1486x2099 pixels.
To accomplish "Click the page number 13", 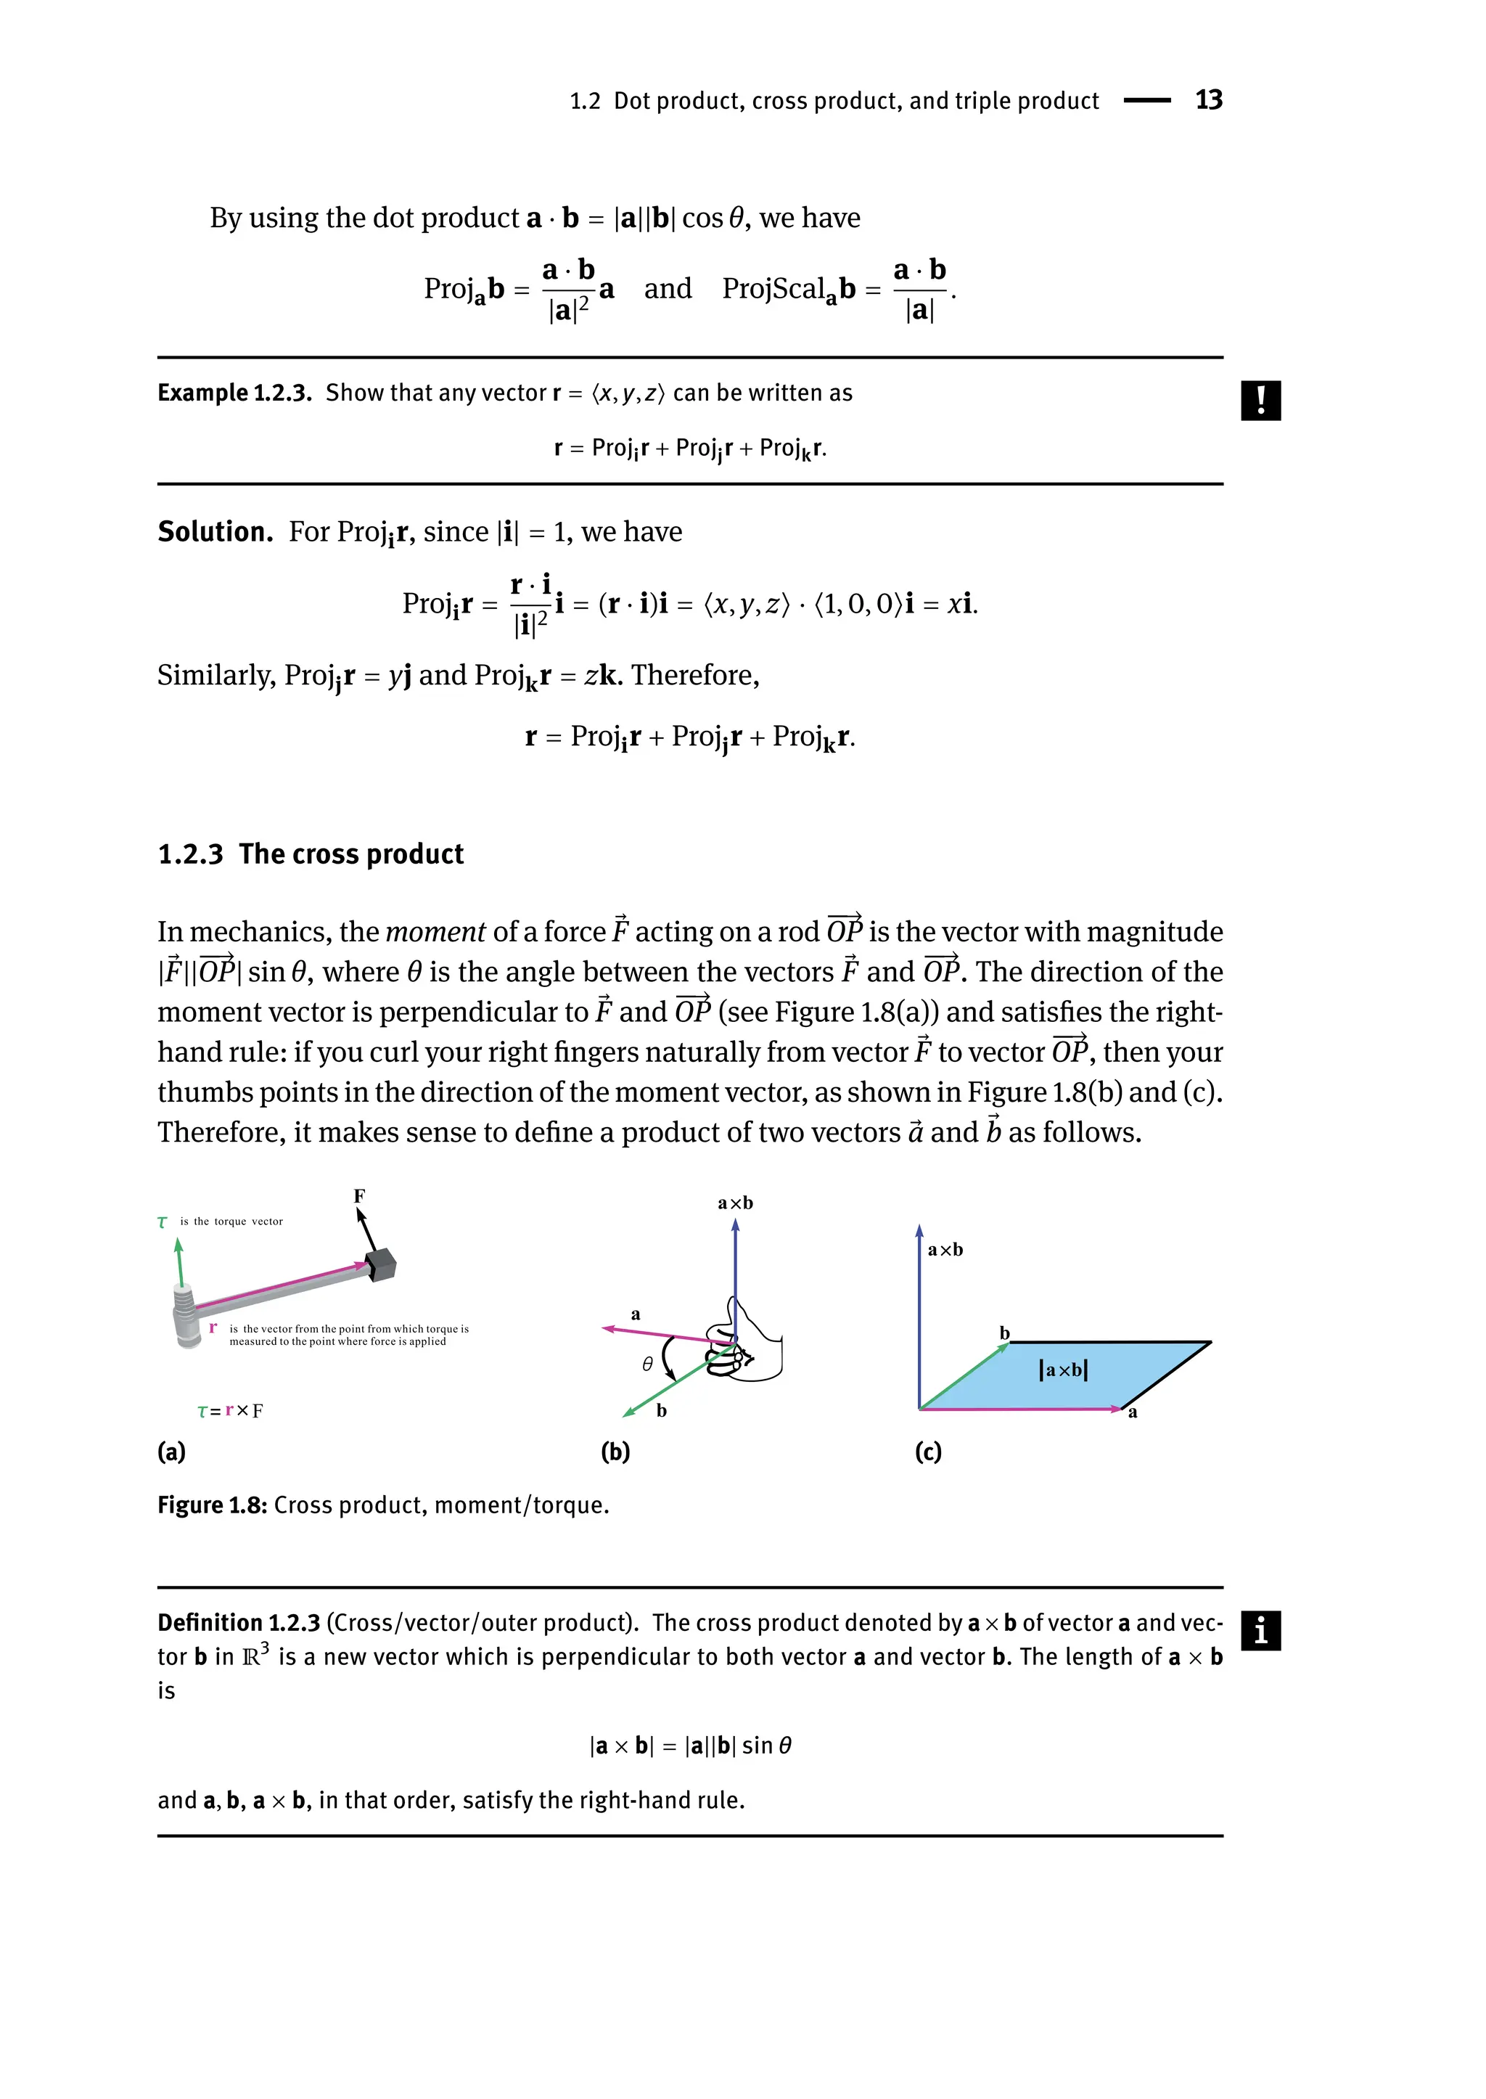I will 1208,99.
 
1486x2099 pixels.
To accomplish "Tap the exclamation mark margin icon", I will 1260,400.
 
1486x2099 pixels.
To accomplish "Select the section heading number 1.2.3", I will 190,854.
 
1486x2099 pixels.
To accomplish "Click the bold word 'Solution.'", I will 215,532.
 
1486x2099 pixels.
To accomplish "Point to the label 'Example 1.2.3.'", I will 234,393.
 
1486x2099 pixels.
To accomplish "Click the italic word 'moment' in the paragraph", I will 435,932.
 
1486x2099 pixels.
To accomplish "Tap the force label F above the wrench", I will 360,1196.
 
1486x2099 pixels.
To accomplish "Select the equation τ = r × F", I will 230,1411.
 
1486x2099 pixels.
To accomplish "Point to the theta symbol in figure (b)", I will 647,1364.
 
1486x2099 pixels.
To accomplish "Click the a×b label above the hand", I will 735,1203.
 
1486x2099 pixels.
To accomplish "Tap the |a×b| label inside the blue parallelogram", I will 1063,1370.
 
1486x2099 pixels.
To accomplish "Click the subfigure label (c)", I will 928,1452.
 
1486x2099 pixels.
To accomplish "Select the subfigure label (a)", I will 171,1452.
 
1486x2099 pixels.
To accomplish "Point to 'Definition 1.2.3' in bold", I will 239,1623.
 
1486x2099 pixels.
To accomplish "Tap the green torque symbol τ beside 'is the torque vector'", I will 163,1222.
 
